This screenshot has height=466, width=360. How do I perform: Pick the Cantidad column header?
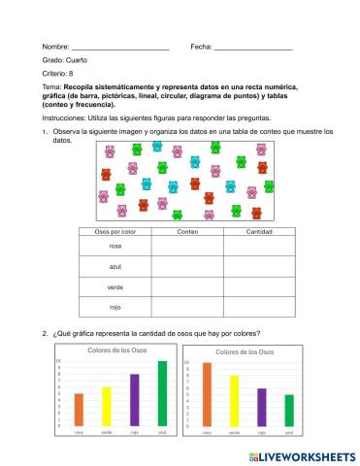[x=259, y=234]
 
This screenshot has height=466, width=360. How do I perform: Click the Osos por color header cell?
[x=115, y=234]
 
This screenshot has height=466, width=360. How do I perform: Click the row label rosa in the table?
[x=115, y=248]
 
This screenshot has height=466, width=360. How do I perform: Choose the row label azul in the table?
[x=115, y=267]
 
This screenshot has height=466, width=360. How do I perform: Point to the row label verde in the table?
[x=115, y=287]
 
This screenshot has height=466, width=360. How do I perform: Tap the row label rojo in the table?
[x=115, y=307]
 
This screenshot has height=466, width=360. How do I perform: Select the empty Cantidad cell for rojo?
[x=259, y=307]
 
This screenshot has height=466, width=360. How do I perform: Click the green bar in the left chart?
[x=162, y=394]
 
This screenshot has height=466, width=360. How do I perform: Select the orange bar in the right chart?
[x=207, y=395]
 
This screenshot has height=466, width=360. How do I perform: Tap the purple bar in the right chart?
[x=262, y=408]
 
